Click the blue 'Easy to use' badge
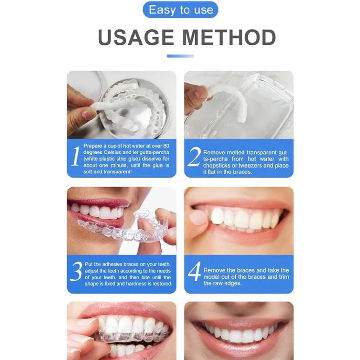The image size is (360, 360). [x=180, y=10]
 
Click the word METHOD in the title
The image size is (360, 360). [x=229, y=38]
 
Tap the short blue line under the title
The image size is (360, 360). [x=180, y=56]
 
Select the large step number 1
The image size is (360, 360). [x=76, y=156]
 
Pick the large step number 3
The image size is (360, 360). [x=76, y=273]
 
